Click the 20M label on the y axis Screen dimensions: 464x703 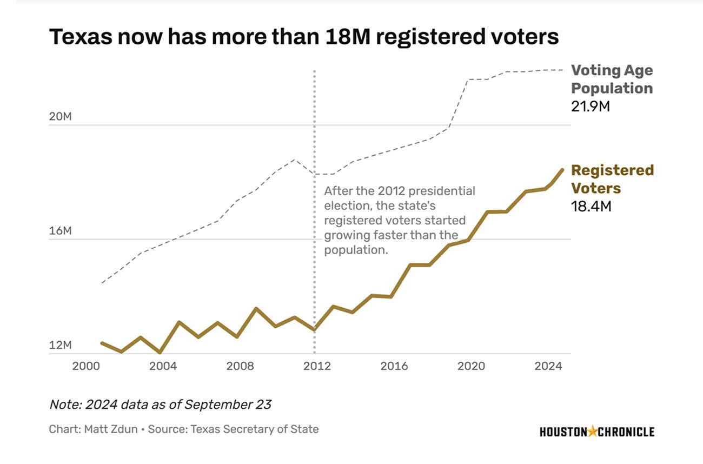click(59, 117)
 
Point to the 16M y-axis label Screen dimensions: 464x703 click(59, 231)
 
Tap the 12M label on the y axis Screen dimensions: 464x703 click(59, 345)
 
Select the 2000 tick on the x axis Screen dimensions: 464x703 click(86, 366)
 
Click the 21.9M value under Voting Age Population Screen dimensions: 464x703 click(591, 106)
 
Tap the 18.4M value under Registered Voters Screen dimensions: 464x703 click(591, 206)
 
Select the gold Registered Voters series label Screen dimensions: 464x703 click(612, 179)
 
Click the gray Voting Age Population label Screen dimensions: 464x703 click(612, 79)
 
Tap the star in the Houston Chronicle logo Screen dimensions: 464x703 click(593, 431)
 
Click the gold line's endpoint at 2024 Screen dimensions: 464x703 click(562, 170)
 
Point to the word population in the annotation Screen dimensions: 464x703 click(355, 250)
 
